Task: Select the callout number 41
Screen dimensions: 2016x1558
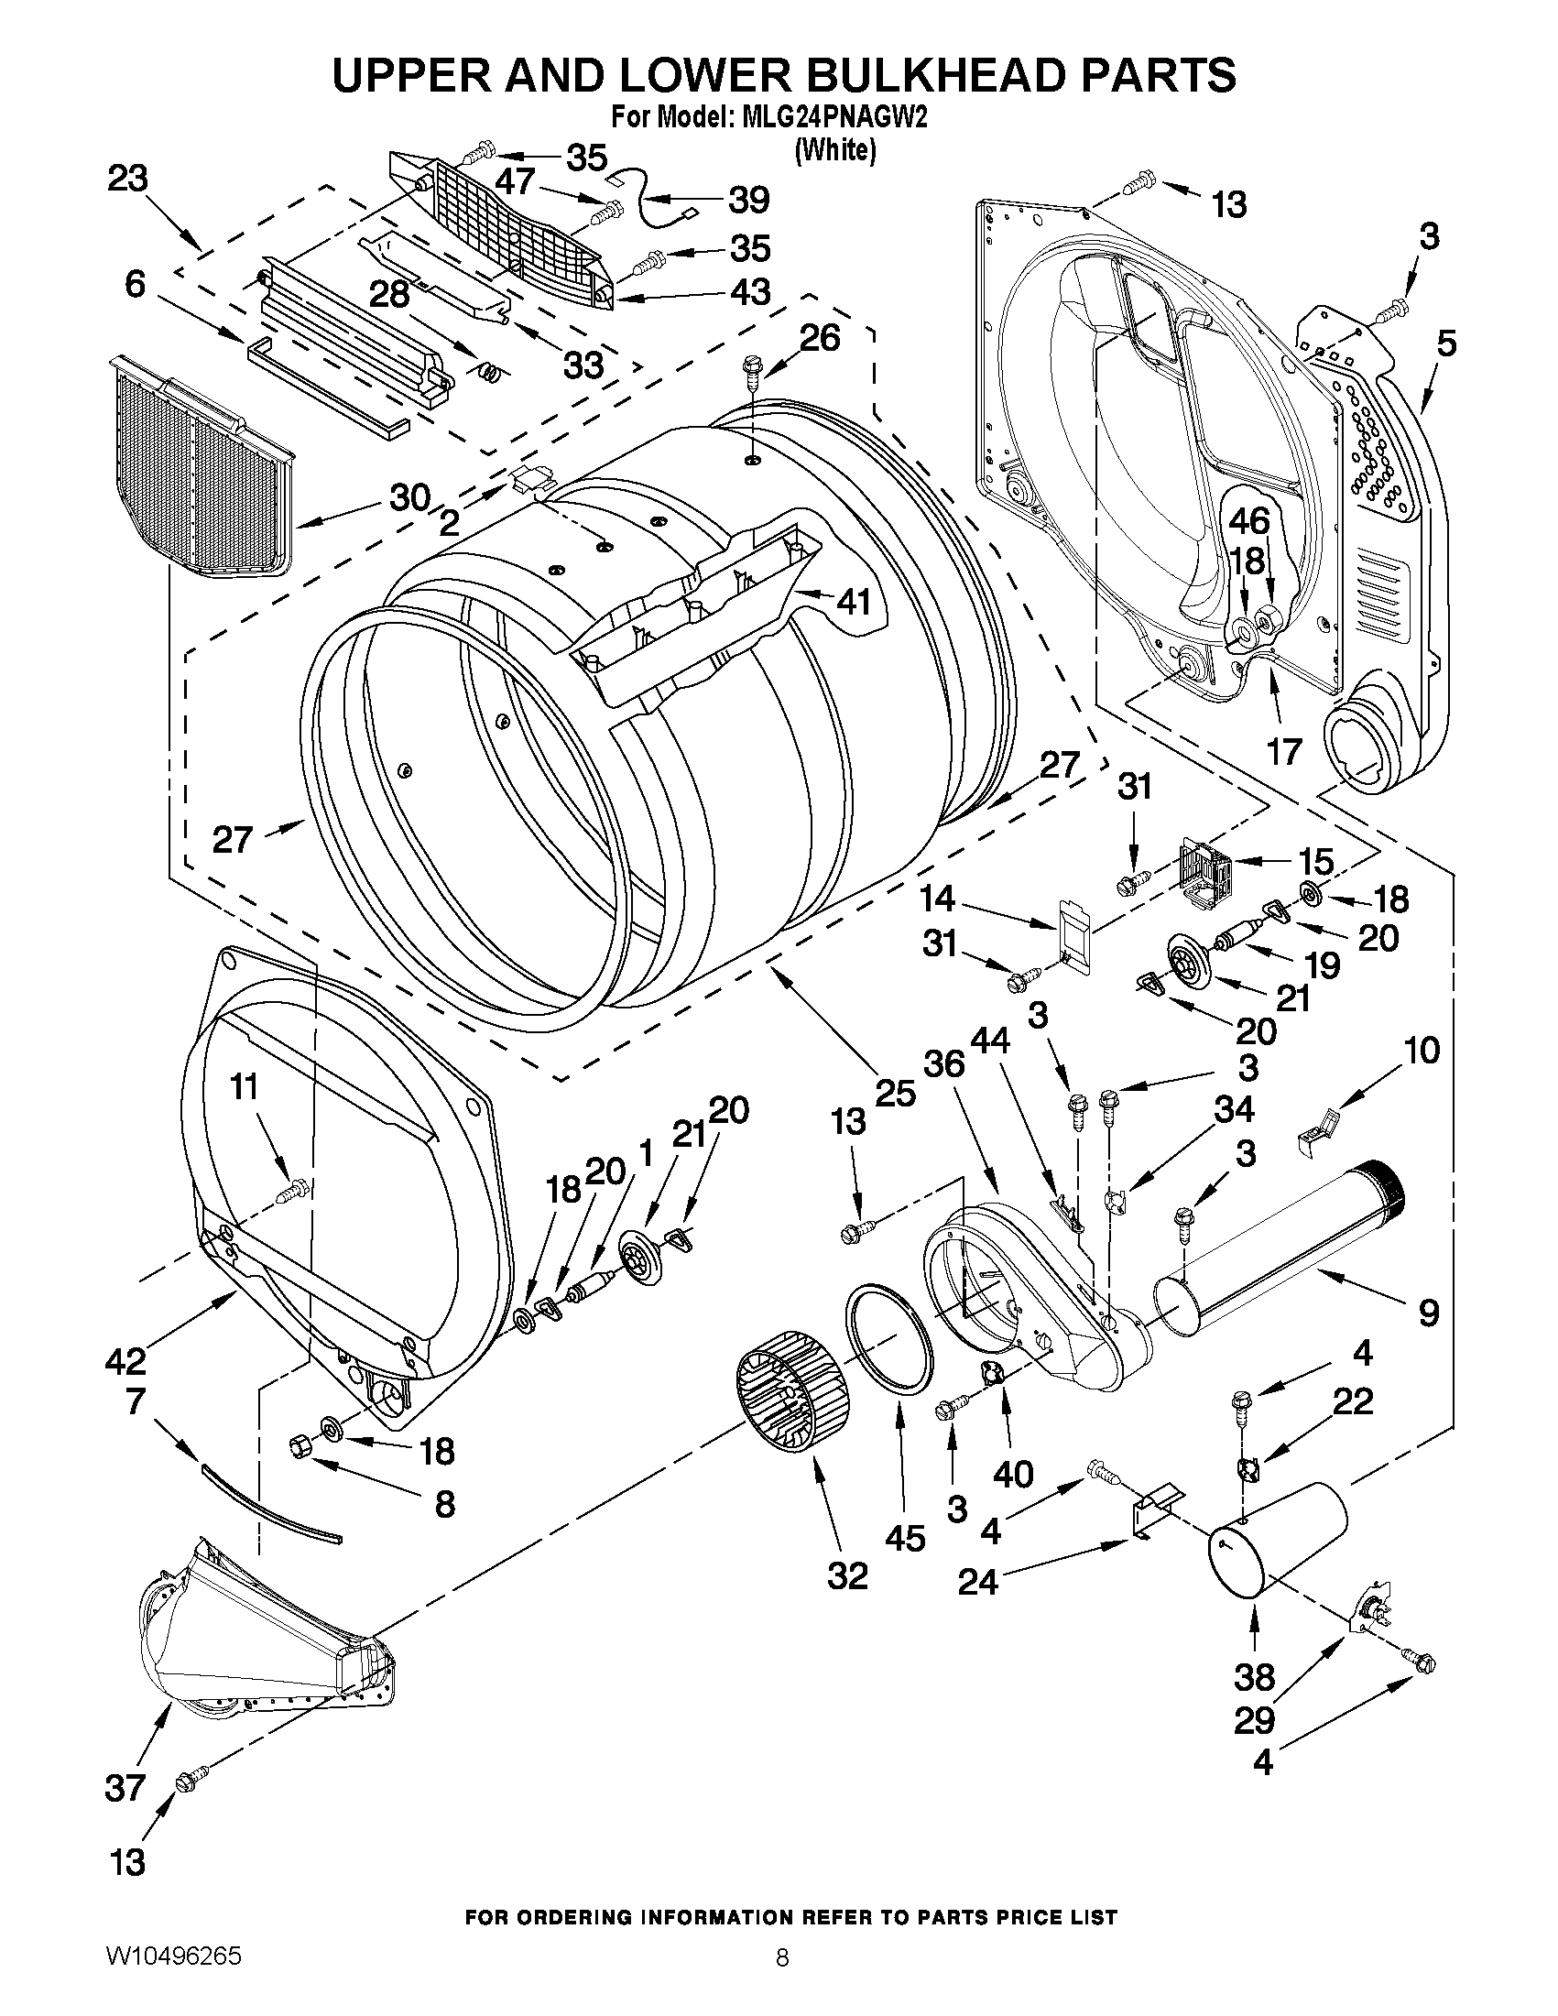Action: (853, 602)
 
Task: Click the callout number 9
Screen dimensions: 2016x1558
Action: (1428, 1312)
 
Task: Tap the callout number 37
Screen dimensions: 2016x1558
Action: (126, 1788)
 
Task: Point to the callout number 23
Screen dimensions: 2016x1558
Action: (127, 179)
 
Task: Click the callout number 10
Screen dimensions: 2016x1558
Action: (1422, 1051)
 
